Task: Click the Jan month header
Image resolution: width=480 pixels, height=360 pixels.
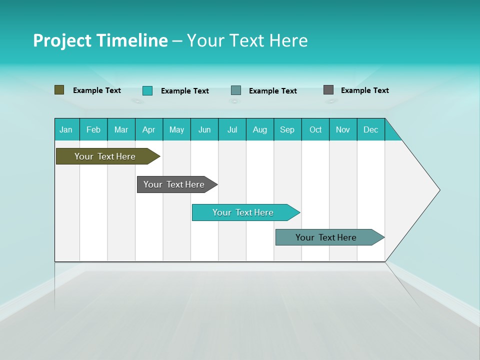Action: (x=66, y=129)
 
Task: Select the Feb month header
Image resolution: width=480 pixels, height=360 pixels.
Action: (x=93, y=129)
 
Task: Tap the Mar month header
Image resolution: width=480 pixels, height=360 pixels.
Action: (x=121, y=129)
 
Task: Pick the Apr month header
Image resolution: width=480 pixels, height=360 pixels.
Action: (x=149, y=129)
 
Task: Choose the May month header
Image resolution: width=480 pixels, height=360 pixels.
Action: (x=176, y=129)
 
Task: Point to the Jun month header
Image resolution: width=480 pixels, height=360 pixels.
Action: (x=204, y=129)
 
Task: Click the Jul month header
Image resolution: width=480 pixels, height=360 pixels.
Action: (x=232, y=129)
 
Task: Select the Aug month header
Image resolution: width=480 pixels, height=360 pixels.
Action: (x=260, y=129)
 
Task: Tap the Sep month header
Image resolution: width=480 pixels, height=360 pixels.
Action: (x=287, y=129)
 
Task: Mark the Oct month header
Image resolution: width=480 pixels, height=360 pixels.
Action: (x=315, y=129)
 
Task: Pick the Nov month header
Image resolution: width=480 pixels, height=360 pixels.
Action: (x=343, y=129)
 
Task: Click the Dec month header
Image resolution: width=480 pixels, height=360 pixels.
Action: (x=371, y=129)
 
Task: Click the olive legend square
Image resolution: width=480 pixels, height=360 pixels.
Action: (x=59, y=90)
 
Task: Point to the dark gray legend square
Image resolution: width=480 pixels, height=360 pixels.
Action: (x=328, y=90)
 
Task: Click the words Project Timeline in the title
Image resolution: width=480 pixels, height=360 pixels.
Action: (x=100, y=40)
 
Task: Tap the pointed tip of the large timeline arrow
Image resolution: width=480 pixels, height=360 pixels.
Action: (x=438, y=189)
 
